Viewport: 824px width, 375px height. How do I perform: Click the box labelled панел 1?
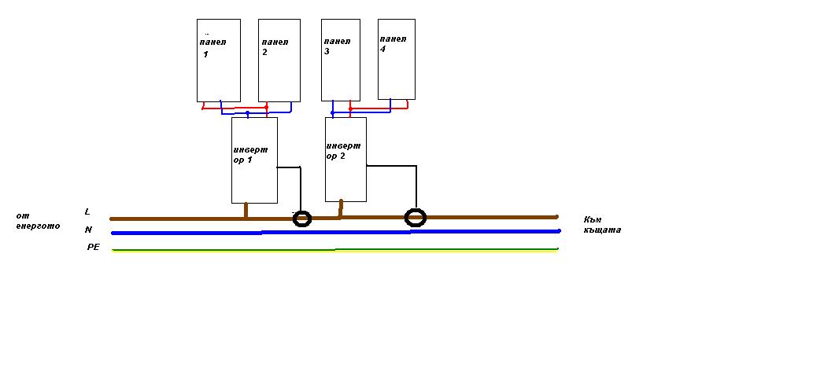(x=218, y=60)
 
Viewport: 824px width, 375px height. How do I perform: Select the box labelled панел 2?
(x=279, y=60)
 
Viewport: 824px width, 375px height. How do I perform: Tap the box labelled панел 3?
(x=341, y=60)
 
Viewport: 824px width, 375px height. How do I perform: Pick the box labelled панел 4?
(x=396, y=59)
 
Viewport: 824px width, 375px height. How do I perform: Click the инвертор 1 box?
(x=254, y=160)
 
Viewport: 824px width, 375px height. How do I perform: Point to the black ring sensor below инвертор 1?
(x=302, y=219)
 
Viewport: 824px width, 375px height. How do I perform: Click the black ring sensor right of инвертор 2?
(x=416, y=217)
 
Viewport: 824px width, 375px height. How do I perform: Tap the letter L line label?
(x=87, y=211)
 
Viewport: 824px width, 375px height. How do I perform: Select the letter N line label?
(x=88, y=230)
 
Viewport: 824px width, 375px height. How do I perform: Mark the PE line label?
(x=93, y=247)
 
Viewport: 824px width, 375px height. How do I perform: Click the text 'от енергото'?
(x=37, y=221)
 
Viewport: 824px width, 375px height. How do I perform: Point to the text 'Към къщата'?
(x=602, y=225)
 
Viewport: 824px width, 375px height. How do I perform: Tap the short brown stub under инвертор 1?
(x=246, y=210)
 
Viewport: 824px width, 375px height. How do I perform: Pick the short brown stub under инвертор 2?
(x=340, y=208)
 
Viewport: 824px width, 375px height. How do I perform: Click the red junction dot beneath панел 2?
(x=267, y=106)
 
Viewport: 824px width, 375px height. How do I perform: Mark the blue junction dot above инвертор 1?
(x=248, y=113)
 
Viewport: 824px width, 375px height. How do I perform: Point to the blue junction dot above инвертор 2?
(x=333, y=113)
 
